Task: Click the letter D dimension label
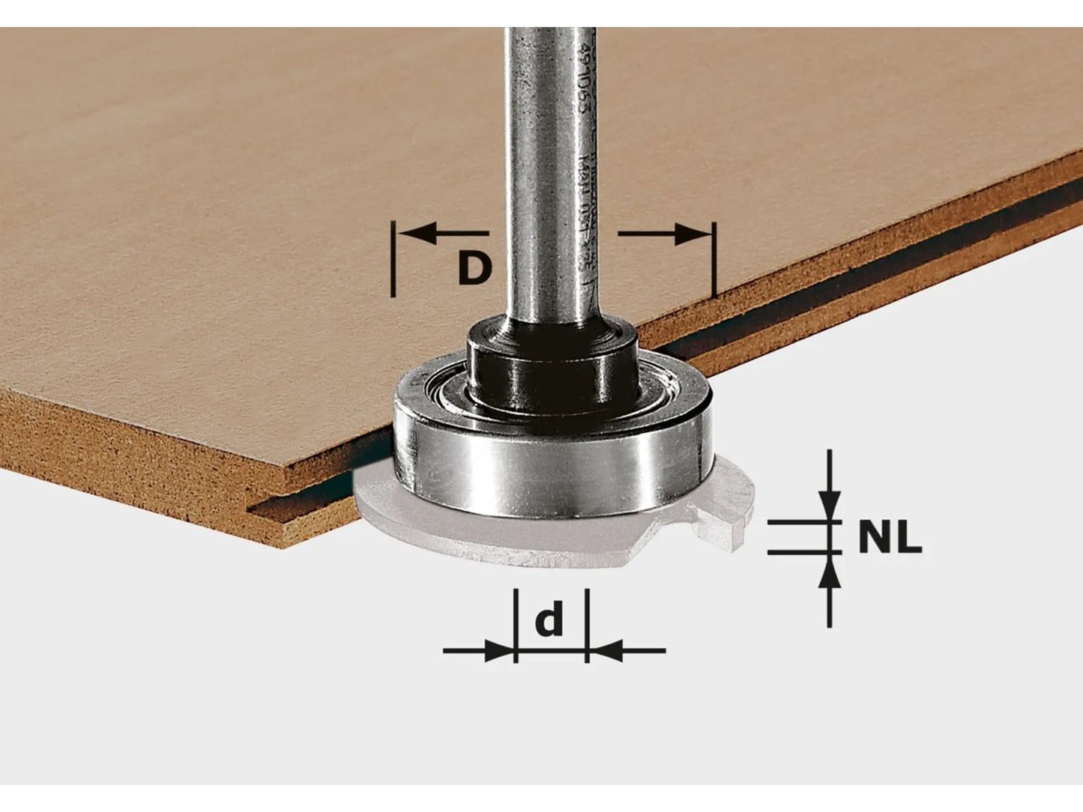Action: click(474, 267)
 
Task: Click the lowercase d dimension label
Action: click(549, 620)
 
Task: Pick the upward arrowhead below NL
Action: click(829, 572)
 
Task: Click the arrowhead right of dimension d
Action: click(603, 650)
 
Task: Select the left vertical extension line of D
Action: click(393, 259)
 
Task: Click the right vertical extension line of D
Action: click(714, 259)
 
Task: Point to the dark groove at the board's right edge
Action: click(862, 277)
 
